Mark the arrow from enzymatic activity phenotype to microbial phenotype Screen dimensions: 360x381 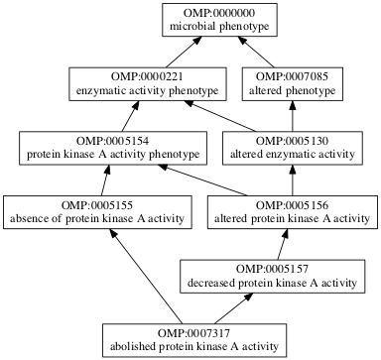[x=169, y=55]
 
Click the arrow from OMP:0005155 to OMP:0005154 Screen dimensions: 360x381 [x=104, y=179]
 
